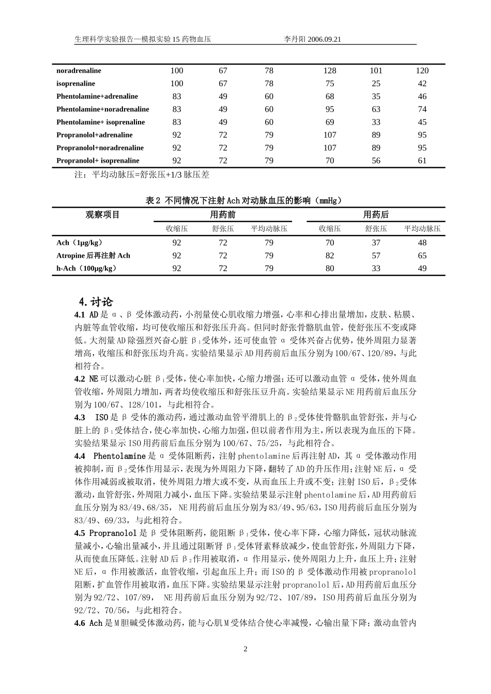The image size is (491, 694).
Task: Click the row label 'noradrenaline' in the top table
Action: [x=79, y=71]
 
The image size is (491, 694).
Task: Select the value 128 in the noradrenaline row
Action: [x=330, y=71]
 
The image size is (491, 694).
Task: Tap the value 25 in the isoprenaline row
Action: [x=376, y=84]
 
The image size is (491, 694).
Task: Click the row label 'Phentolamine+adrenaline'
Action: [x=97, y=97]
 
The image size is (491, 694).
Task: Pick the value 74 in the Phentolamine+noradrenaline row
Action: [x=422, y=109]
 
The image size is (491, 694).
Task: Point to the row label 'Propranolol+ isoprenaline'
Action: [x=98, y=161]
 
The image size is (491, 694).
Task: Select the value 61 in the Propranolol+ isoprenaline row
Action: [x=422, y=161]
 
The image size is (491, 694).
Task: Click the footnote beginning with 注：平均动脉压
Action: [x=142, y=175]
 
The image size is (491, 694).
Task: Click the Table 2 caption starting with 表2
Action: [x=244, y=200]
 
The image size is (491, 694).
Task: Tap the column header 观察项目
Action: [x=102, y=215]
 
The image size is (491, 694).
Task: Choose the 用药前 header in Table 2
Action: [x=223, y=215]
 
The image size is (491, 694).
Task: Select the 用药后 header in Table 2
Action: [x=376, y=215]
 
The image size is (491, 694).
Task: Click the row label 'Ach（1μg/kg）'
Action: [x=80, y=243]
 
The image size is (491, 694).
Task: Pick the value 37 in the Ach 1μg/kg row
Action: [x=376, y=243]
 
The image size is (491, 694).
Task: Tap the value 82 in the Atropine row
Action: [x=330, y=256]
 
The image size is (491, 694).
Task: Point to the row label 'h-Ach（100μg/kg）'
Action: [x=86, y=269]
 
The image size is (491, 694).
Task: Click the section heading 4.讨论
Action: [x=95, y=302]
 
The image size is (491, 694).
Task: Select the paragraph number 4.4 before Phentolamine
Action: [x=80, y=456]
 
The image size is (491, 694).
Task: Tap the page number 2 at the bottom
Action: [x=245, y=649]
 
